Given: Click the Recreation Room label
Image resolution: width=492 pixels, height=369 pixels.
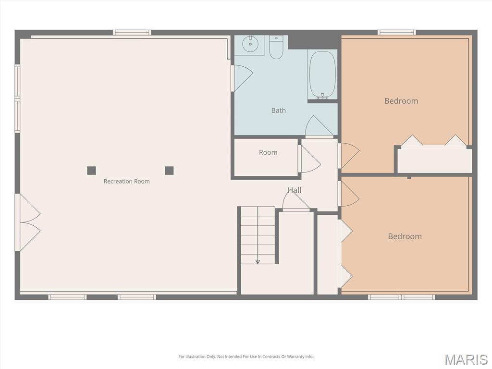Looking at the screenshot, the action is (126, 181).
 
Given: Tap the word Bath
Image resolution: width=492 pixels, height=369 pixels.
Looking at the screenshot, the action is (278, 111).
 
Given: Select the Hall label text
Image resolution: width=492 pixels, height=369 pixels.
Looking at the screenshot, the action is (295, 190).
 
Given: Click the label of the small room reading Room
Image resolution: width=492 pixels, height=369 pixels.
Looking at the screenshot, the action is (268, 152).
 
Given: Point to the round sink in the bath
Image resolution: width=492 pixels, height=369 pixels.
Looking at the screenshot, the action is (250, 44).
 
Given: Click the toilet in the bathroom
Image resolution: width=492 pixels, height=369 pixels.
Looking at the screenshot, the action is (276, 47).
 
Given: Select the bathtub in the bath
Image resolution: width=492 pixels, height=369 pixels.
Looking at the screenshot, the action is (322, 74).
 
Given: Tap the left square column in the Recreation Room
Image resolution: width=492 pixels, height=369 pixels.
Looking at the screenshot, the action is (91, 171).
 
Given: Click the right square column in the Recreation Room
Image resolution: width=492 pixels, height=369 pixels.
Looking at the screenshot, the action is (169, 171).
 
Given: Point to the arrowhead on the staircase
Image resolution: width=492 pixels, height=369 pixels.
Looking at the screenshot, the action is (258, 261).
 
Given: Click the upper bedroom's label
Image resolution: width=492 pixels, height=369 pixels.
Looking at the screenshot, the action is (401, 101).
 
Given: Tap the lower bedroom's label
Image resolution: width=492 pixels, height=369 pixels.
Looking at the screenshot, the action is (405, 236).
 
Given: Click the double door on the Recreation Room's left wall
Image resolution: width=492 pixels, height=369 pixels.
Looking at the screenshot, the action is (28, 222).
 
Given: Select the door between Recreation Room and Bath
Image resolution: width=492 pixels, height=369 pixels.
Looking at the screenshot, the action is (242, 78).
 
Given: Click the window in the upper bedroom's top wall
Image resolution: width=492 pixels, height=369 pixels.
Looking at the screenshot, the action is (396, 32).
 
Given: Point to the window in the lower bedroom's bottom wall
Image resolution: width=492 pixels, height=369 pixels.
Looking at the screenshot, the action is (401, 297).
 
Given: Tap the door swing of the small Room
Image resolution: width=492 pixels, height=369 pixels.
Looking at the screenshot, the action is (309, 159).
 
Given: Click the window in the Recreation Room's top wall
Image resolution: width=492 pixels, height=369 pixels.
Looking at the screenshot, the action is (132, 32).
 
